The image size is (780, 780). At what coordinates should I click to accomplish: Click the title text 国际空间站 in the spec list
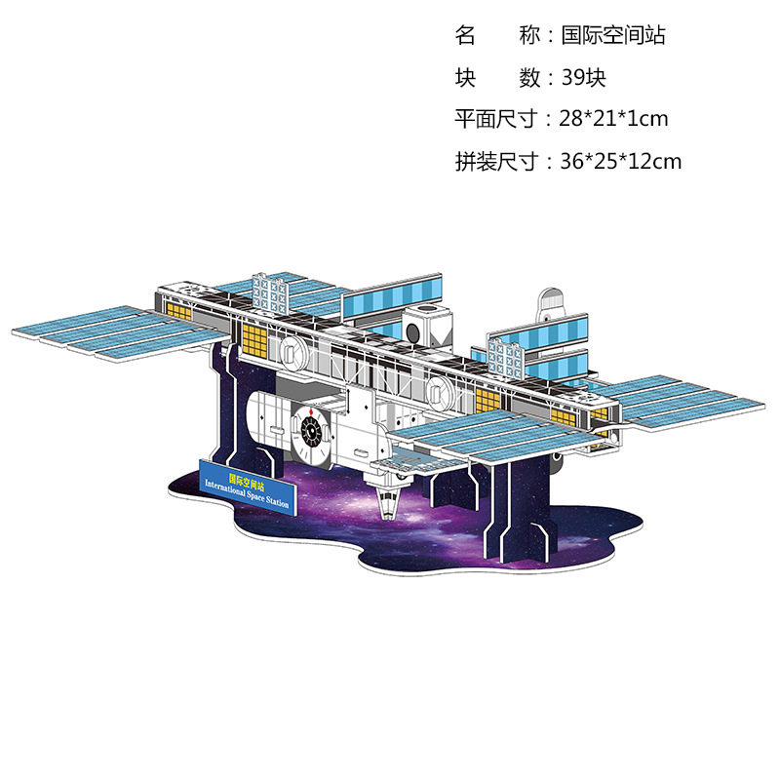pos(613,36)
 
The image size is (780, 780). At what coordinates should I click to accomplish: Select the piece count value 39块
pos(583,77)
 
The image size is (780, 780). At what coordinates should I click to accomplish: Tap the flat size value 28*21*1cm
pos(614,119)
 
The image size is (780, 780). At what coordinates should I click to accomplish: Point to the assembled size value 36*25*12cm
pos(621,161)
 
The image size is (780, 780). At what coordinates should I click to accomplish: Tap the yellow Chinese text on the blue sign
pos(240,478)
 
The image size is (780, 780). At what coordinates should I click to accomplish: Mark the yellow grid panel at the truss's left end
pos(254,342)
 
